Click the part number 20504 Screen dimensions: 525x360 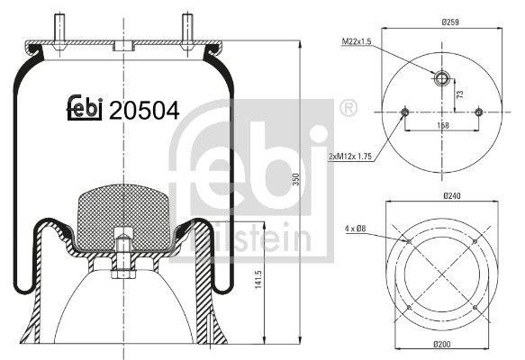click(x=144, y=111)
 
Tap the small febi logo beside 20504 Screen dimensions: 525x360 click(x=85, y=108)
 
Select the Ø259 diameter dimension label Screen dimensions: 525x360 click(x=450, y=22)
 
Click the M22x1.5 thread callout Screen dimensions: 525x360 click(x=357, y=41)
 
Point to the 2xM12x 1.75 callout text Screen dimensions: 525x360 click(x=350, y=157)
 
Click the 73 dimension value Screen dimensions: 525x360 click(x=460, y=94)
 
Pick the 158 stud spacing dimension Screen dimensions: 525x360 click(x=443, y=125)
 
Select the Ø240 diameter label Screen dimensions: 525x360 click(x=452, y=195)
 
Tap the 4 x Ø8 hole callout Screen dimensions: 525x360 click(x=355, y=229)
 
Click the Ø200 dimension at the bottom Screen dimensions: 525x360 click(x=442, y=344)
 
